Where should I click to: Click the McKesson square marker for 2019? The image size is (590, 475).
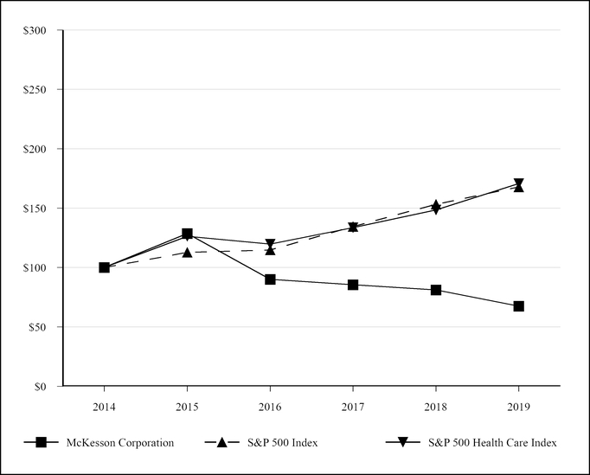tap(518, 306)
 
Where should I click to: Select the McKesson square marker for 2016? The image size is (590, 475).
tap(270, 279)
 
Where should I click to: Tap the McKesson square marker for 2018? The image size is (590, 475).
tap(436, 290)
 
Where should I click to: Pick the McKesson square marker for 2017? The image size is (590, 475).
tap(353, 285)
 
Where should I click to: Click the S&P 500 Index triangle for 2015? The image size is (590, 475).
tap(187, 253)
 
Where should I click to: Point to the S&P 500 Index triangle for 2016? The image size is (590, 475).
tap(270, 249)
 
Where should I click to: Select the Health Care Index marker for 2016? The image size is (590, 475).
tap(270, 244)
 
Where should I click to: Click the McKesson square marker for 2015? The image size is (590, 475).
tap(187, 234)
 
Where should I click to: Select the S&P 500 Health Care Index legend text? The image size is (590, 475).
tap(492, 443)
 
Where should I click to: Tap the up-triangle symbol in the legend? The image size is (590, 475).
tap(222, 443)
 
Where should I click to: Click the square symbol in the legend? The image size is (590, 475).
tap(41, 443)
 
